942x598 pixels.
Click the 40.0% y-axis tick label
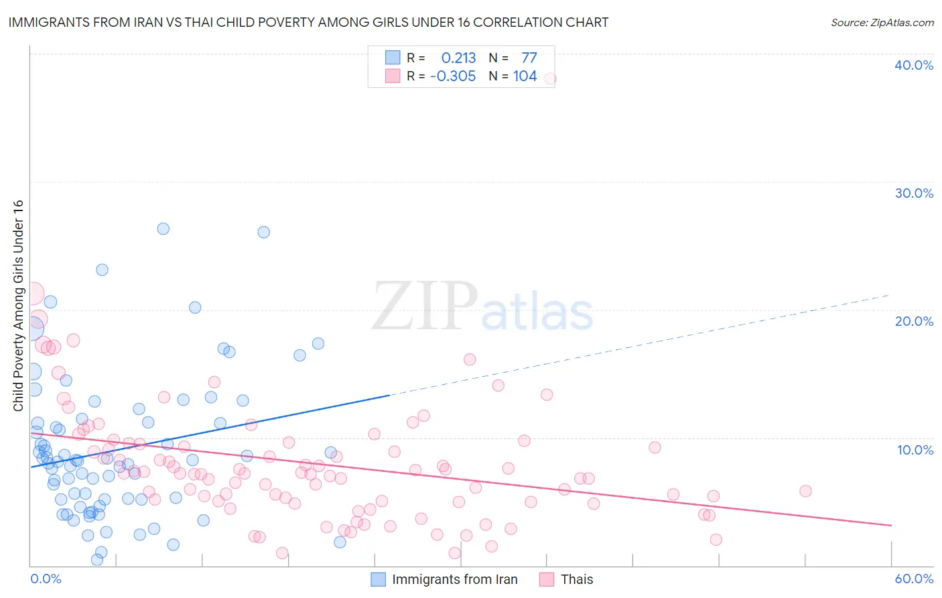[914, 65]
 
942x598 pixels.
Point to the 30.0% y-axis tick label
[914, 193]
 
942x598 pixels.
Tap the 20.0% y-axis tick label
[914, 321]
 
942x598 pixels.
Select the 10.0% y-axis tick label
[915, 450]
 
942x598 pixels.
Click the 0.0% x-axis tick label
[46, 579]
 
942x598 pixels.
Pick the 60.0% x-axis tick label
[914, 579]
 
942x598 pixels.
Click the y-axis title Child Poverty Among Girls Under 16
[18, 306]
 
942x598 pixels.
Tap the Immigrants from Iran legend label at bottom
[454, 579]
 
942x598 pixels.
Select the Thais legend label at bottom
[576, 579]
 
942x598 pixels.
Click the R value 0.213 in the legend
[458, 58]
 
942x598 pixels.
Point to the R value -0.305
[453, 76]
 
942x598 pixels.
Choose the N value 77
[529, 58]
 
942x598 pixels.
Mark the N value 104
[525, 76]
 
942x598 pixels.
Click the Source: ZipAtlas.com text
[882, 23]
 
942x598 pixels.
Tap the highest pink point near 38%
[550, 78]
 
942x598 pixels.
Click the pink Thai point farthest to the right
[805, 491]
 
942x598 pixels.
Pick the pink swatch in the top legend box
[393, 76]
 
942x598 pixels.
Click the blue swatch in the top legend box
[393, 58]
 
